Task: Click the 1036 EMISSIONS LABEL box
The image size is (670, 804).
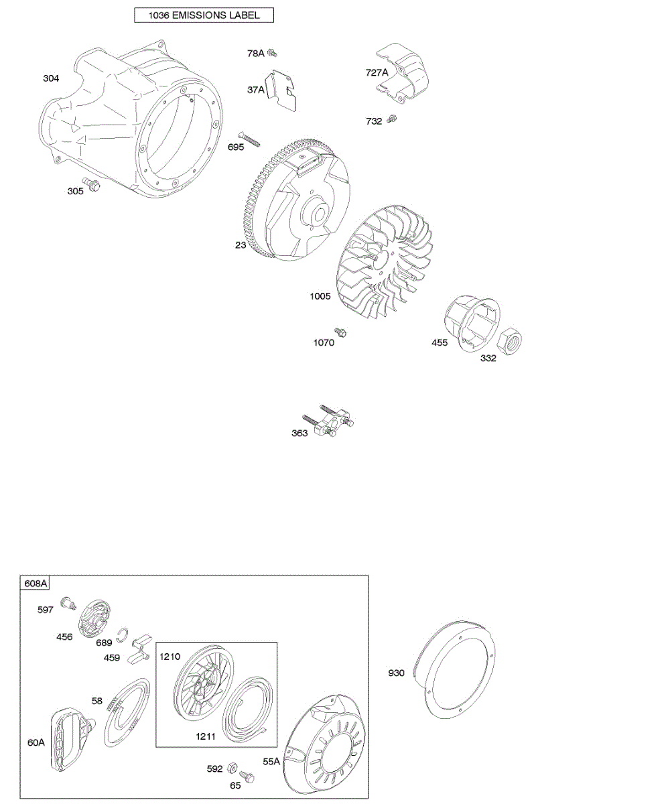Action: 204,15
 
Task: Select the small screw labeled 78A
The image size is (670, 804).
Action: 272,53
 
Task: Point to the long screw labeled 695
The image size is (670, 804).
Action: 249,141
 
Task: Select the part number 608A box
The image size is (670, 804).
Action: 36,583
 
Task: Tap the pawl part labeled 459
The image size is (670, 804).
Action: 141,648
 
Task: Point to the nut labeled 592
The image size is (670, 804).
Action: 232,767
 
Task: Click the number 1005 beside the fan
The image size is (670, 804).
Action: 320,295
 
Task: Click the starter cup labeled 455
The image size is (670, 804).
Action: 472,324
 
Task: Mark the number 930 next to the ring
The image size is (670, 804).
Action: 396,673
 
